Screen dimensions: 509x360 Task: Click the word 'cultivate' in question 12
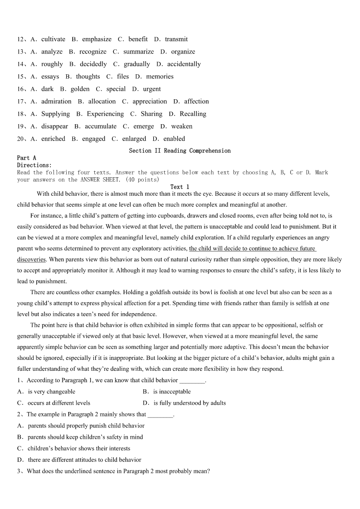coord(53,39)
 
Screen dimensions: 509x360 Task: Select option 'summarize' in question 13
coord(138,52)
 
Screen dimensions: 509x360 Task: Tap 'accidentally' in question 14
coord(184,64)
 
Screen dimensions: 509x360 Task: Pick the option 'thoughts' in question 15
coord(88,77)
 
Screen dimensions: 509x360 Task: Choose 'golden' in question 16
coord(80,89)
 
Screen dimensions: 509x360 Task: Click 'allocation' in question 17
coord(102,102)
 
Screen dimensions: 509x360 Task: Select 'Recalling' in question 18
coord(193,114)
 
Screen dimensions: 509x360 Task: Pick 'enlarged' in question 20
coord(134,139)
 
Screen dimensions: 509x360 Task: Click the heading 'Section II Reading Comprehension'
coord(180,150)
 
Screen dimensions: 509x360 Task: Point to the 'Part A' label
coord(27,158)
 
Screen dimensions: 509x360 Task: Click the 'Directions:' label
coord(34,165)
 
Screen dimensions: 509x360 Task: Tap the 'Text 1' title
coord(180,187)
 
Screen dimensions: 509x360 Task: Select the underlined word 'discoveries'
coord(31,260)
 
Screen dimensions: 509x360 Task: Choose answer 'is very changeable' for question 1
coord(51,392)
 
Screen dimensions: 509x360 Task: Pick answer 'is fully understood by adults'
coord(189,403)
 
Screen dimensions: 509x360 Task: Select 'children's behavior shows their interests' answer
coord(78,448)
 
